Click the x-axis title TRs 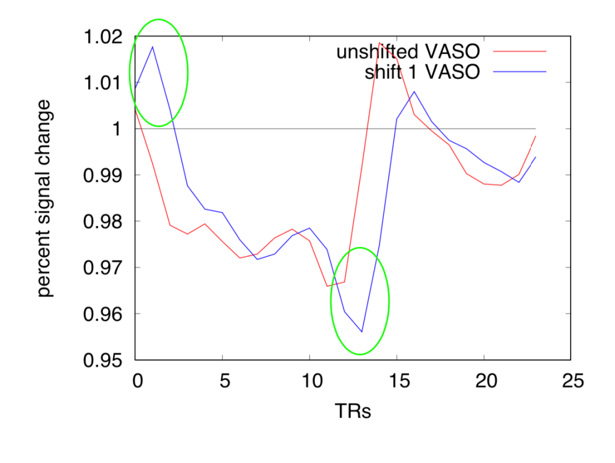tap(353, 412)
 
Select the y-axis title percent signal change tap(45, 198)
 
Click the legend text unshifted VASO tap(408, 52)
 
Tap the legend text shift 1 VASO tap(422, 72)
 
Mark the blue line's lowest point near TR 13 tap(362, 331)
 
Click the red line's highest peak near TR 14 tap(380, 43)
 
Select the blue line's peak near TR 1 tap(153, 46)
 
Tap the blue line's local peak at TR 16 tap(414, 91)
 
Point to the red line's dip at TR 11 tap(327, 286)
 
